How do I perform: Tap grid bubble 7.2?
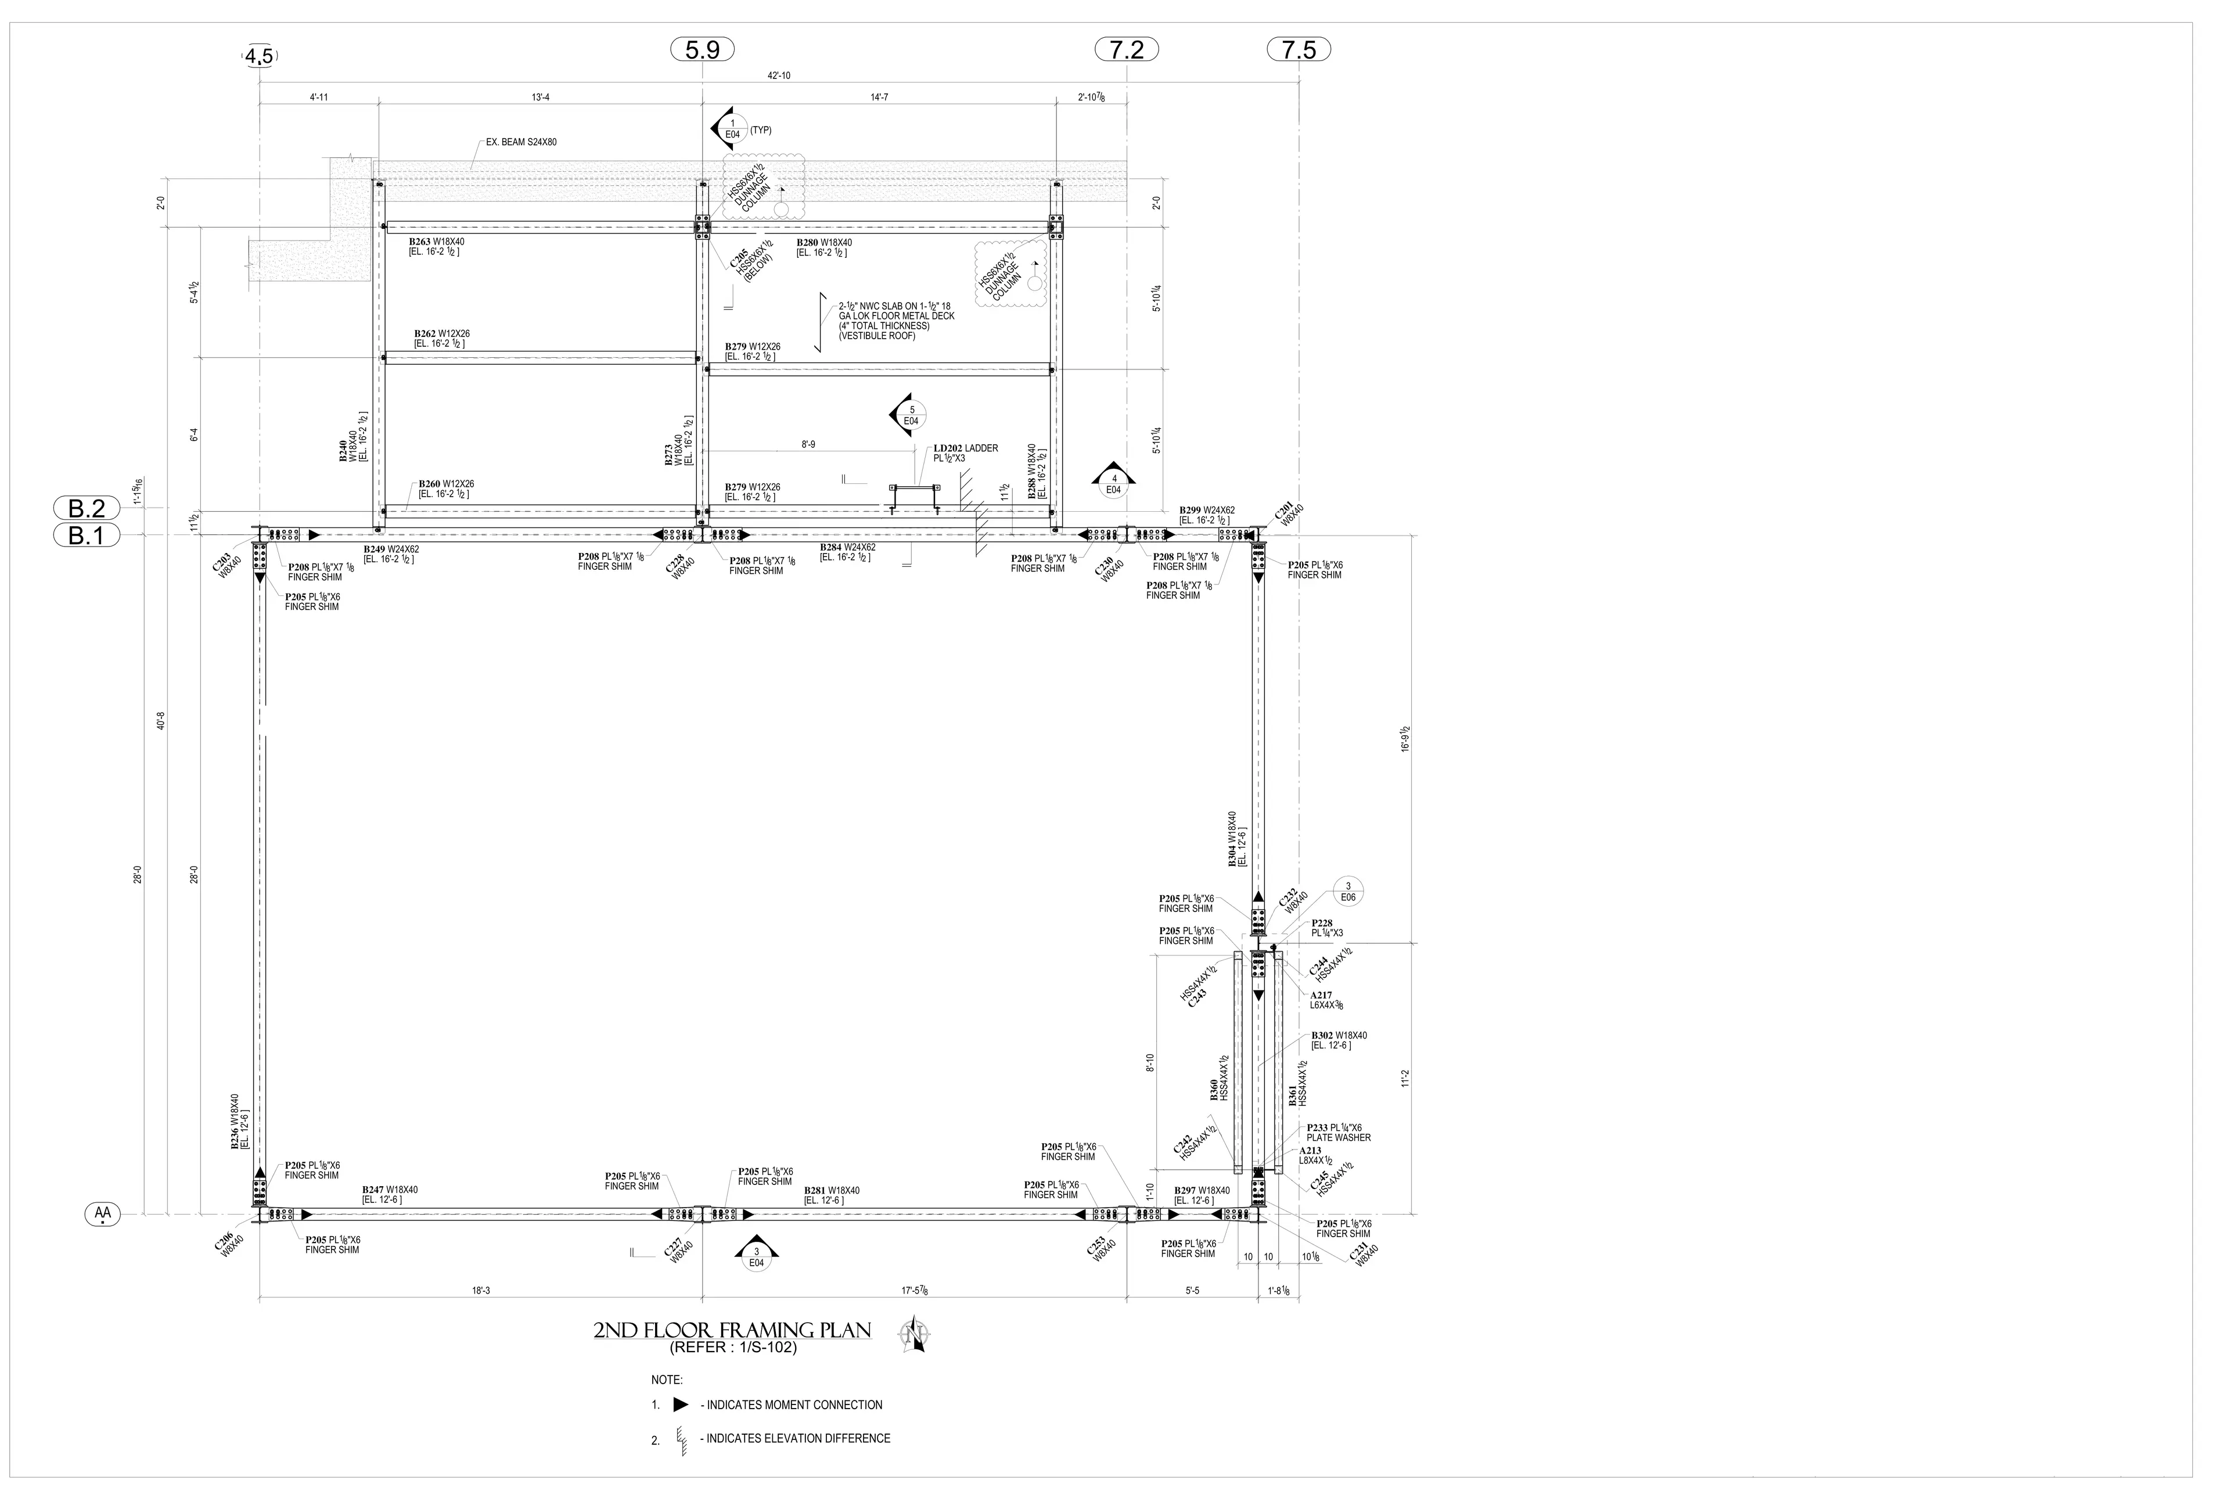pyautogui.click(x=1127, y=49)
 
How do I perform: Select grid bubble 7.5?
pyautogui.click(x=1299, y=49)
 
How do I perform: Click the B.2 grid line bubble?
pyautogui.click(x=87, y=508)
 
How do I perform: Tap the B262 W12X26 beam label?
pyautogui.click(x=442, y=334)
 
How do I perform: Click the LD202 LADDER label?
pyautogui.click(x=965, y=448)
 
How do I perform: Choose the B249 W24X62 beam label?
pyautogui.click(x=391, y=549)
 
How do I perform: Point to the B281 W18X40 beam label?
pyautogui.click(x=832, y=1190)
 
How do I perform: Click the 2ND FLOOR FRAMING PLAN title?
pyautogui.click(x=732, y=1331)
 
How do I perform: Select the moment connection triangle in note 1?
pyautogui.click(x=680, y=1405)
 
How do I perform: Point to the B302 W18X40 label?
pyautogui.click(x=1339, y=1036)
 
